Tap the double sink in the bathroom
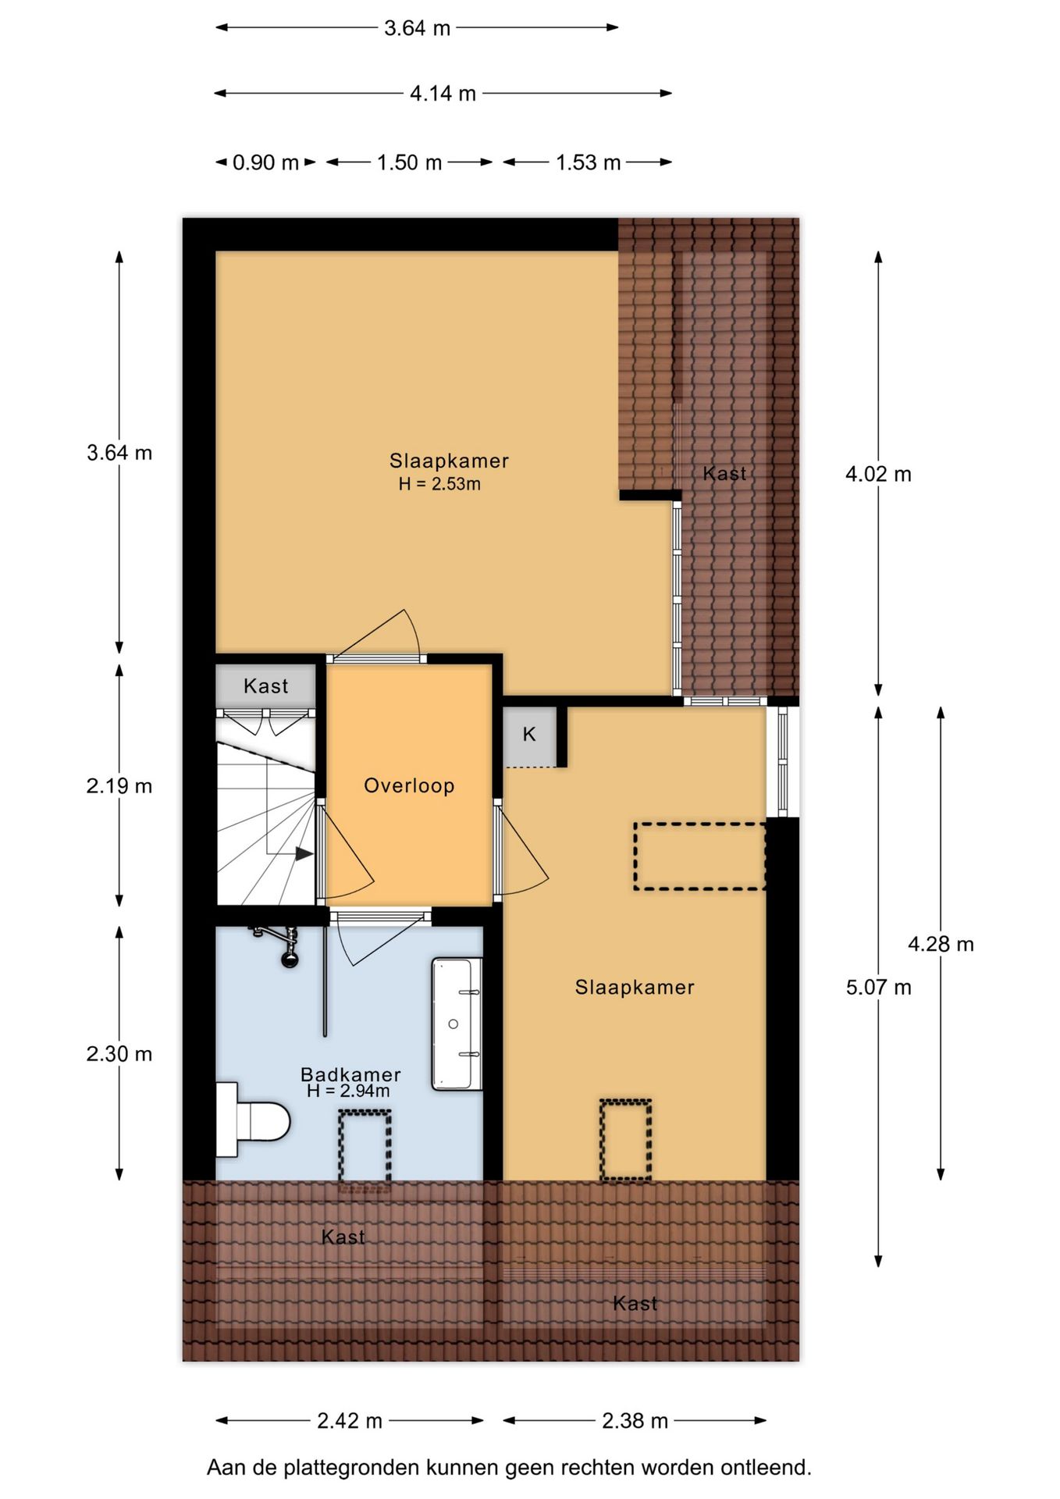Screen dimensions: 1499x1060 coord(457,1024)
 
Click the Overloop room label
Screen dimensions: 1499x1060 coord(409,785)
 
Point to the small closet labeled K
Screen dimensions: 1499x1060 coord(529,735)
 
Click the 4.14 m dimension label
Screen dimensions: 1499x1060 coord(443,94)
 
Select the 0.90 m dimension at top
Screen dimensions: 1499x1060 coord(265,162)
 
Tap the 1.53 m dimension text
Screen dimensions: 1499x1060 coord(588,162)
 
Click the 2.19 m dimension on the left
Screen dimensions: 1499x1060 coord(119,786)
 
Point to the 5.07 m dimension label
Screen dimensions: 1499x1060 coord(878,988)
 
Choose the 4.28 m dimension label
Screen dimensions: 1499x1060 coord(941,945)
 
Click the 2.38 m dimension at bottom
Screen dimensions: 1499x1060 coord(635,1421)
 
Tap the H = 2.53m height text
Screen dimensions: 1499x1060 coord(439,484)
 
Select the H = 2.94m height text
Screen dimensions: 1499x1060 coord(348,1091)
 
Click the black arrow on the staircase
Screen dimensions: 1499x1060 coord(304,854)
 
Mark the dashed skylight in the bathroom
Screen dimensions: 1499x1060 coord(365,1145)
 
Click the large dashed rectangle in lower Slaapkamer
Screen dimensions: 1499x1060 coord(699,856)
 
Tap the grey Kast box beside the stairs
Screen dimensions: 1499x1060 coord(265,686)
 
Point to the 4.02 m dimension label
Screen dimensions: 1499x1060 coord(878,474)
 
